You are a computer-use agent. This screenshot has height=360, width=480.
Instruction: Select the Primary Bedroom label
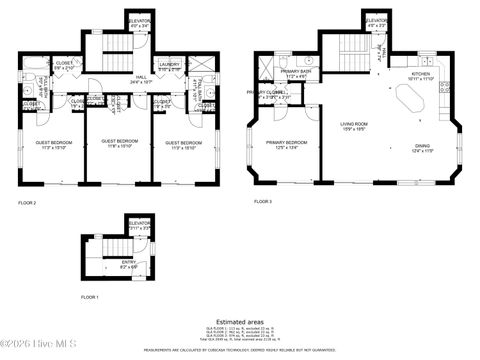point(286,144)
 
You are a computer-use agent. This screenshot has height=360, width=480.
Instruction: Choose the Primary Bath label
point(294,73)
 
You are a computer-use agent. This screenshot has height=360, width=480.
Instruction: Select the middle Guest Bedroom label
point(120,143)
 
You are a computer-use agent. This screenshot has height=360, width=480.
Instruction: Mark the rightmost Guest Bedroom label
point(185,143)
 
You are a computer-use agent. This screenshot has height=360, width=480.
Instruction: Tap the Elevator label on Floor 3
point(376,22)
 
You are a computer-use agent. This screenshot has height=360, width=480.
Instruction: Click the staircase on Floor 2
point(117,55)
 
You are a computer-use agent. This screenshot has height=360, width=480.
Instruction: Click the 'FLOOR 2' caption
point(27,202)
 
